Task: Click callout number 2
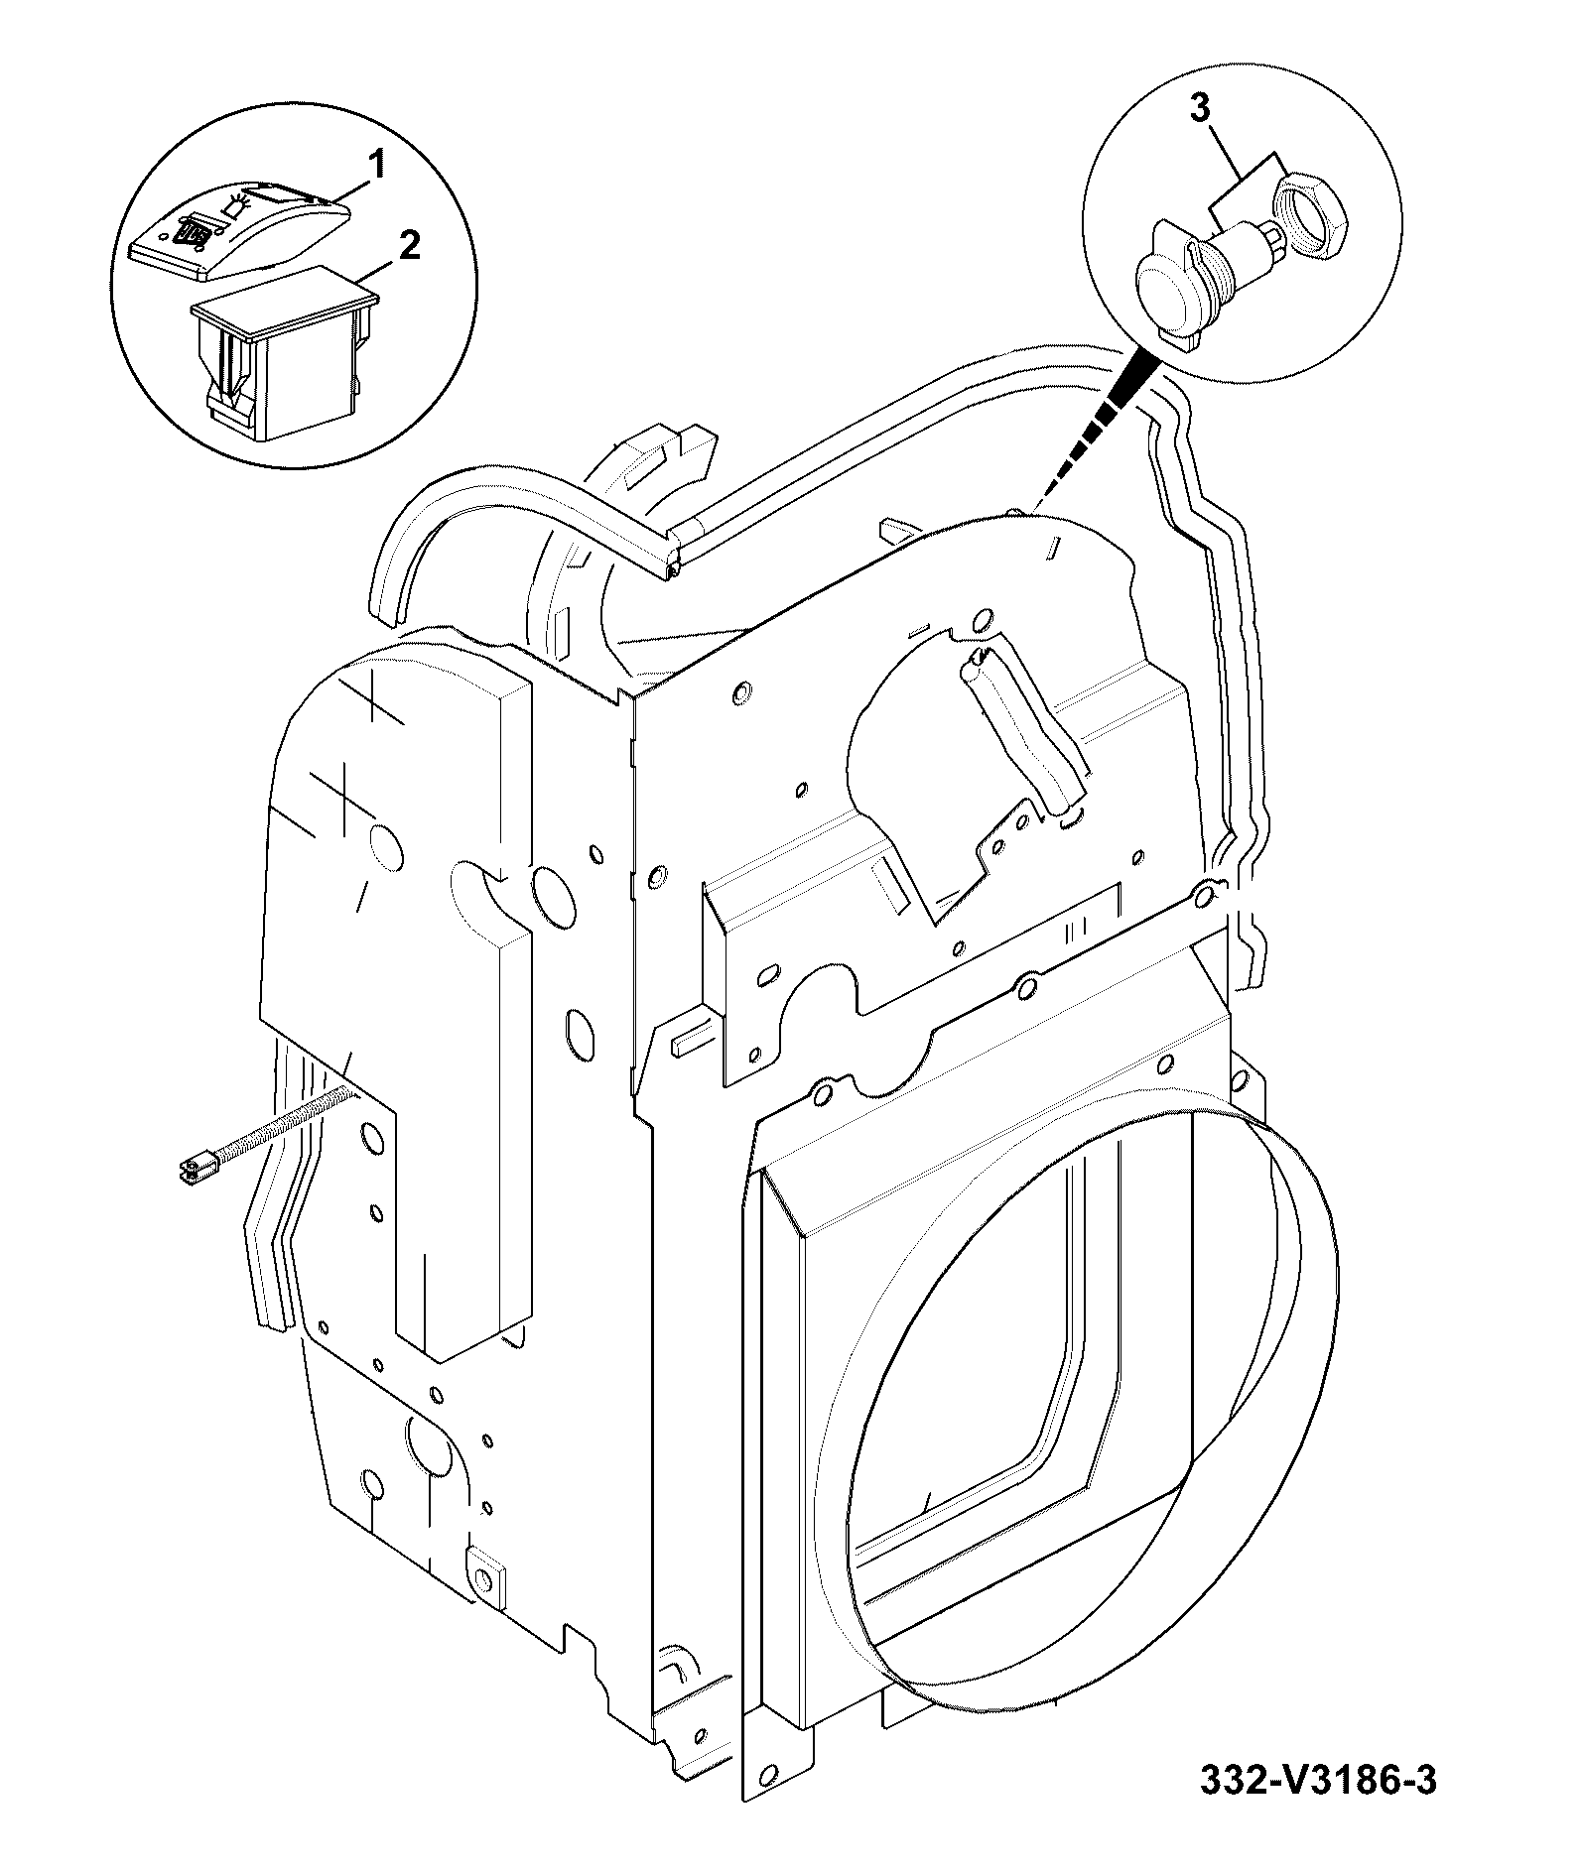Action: pyautogui.click(x=407, y=245)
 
